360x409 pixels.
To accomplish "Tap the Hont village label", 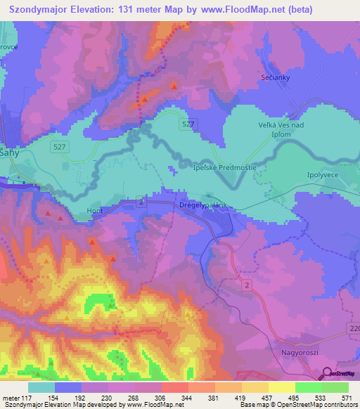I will pos(94,209).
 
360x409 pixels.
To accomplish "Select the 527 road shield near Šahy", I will pos(59,147).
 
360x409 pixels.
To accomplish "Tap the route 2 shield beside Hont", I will pos(141,202).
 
